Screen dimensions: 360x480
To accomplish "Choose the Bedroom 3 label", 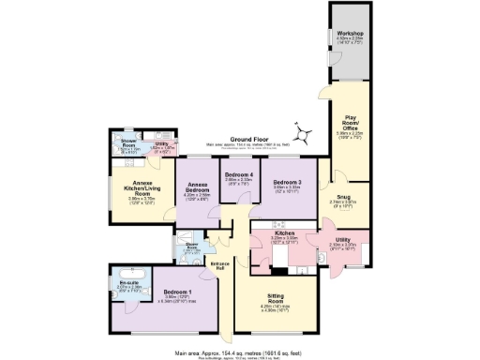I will point(287,182).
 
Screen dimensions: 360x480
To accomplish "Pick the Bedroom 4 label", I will point(237,175).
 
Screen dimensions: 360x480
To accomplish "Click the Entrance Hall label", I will point(220,267).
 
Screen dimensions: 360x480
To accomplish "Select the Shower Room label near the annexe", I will point(129,142).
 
